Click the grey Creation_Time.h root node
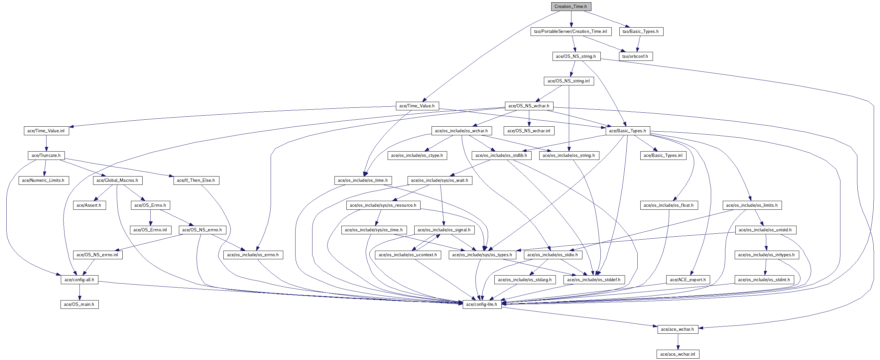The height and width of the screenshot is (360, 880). point(570,7)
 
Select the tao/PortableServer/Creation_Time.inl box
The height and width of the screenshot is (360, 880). point(570,32)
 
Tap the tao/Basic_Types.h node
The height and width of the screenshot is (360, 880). point(641,32)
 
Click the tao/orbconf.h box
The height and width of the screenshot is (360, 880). point(635,57)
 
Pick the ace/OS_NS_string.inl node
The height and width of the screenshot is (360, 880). point(568,81)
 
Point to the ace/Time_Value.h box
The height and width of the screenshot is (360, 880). point(417,106)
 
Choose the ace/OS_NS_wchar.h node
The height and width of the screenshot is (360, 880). point(529,106)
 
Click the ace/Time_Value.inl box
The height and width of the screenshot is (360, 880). point(46,131)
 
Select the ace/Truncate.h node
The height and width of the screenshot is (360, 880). point(46,156)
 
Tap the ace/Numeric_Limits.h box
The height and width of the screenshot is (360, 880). point(44,180)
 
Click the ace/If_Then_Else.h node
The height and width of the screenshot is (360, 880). point(196,180)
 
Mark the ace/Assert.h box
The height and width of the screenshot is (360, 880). point(89,205)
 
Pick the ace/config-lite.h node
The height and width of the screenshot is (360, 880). point(482,304)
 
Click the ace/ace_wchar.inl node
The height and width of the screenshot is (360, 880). point(678,354)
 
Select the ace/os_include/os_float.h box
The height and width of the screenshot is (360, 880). point(669,205)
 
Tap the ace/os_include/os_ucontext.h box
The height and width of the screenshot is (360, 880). point(408,255)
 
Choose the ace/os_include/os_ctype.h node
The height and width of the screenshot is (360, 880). point(417,156)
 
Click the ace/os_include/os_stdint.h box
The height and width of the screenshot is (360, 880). point(764,280)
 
